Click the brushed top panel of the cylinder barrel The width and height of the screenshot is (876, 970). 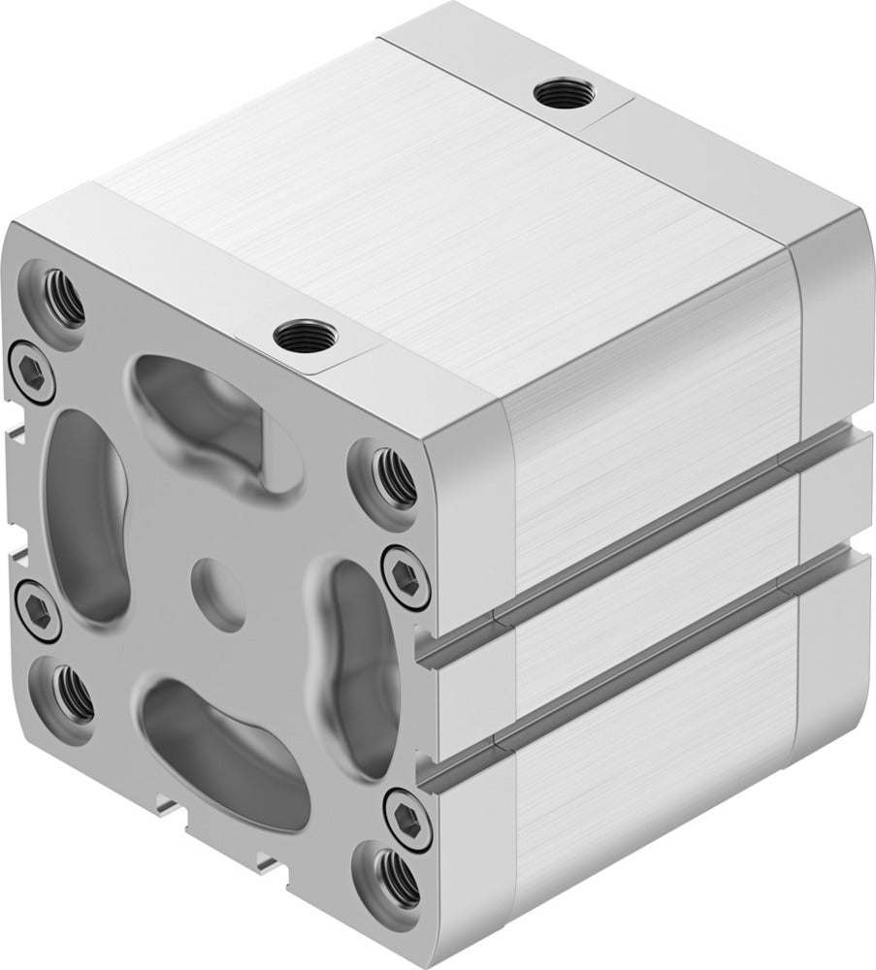click(437, 204)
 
